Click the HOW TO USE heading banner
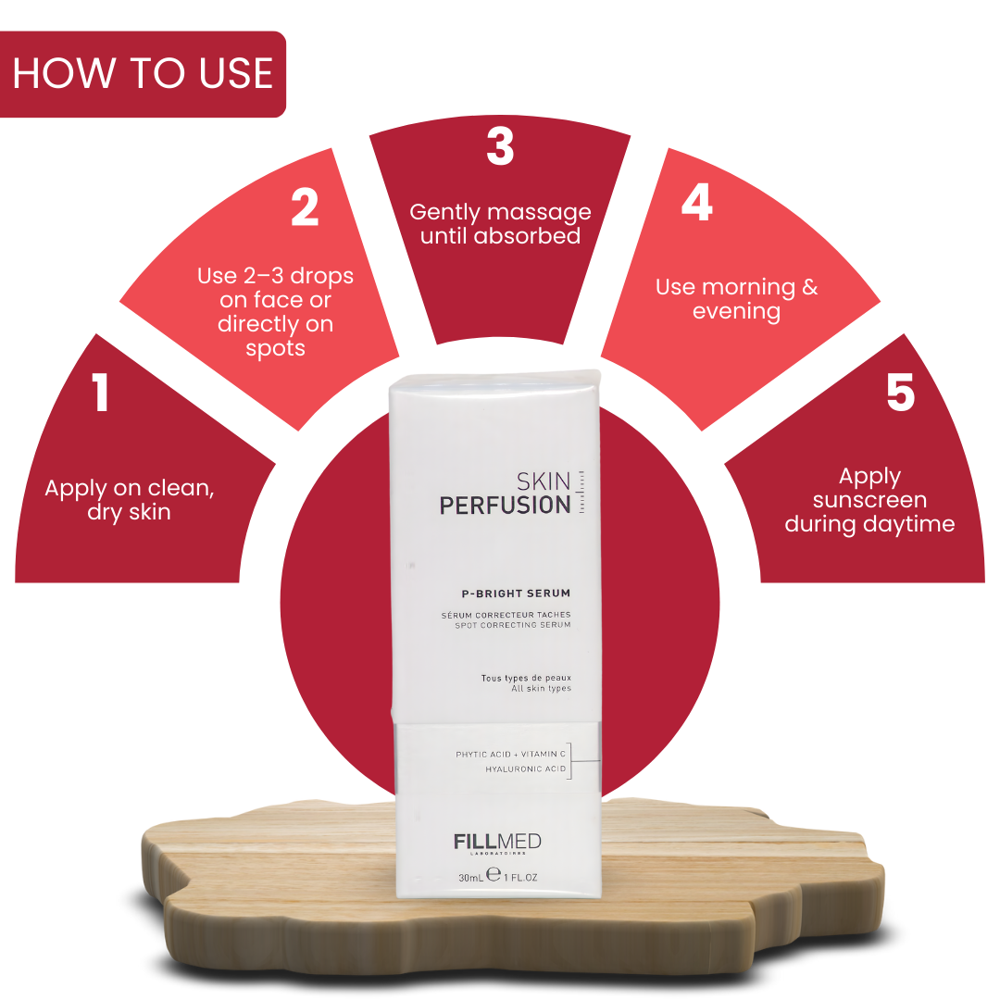(x=143, y=74)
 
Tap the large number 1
(x=101, y=393)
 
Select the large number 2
(x=305, y=207)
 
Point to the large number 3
(x=500, y=146)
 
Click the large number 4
(x=696, y=203)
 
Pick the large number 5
(x=900, y=393)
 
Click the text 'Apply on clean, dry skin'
(x=130, y=500)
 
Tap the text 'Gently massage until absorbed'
(x=500, y=224)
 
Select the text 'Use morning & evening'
(x=736, y=299)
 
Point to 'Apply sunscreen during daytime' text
(x=869, y=500)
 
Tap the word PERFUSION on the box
(x=505, y=506)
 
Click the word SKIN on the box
(x=544, y=481)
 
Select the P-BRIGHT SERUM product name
(x=516, y=594)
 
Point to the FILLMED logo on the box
(x=497, y=842)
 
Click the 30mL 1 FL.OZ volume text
(x=497, y=876)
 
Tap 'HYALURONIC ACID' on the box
(x=525, y=769)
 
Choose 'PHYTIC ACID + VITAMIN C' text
(x=510, y=755)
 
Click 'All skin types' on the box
(x=541, y=689)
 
